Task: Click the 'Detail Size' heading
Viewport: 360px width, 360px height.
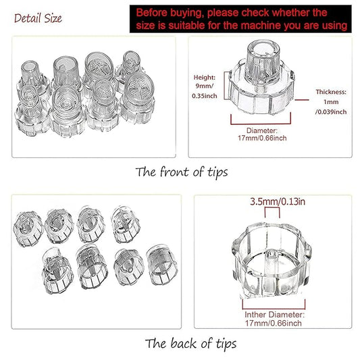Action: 38,18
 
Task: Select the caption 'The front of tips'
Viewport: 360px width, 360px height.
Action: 181,172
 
